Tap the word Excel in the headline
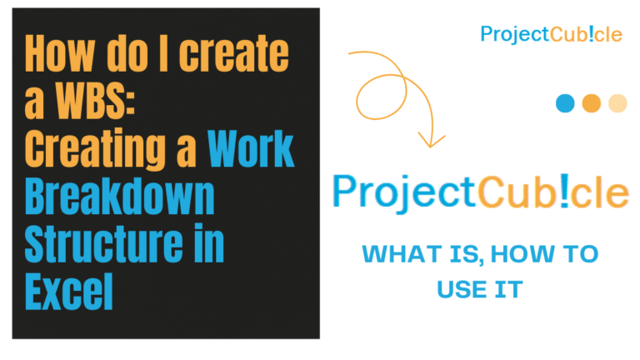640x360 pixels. click(70, 291)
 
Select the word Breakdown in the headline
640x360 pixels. click(120, 197)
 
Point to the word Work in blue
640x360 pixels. click(251, 149)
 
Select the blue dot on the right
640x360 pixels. click(565, 103)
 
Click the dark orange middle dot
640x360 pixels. click(591, 103)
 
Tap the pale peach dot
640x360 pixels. click(617, 103)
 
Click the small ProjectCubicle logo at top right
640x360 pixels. click(551, 34)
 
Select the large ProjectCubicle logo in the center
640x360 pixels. click(480, 193)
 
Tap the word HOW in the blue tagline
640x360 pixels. click(502, 254)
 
